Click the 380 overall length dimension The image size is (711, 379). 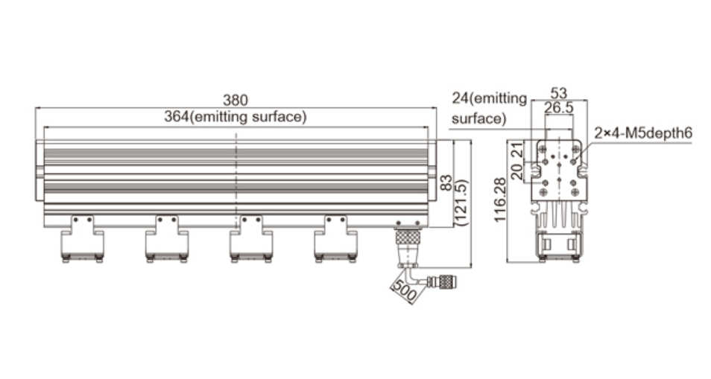click(236, 100)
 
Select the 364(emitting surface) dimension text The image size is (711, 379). click(236, 116)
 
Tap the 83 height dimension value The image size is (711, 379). click(446, 183)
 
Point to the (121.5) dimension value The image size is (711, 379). click(461, 203)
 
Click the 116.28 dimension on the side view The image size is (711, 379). click(499, 200)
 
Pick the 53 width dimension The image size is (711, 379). click(559, 93)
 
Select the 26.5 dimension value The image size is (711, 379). click(559, 108)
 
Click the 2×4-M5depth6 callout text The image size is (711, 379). click(643, 133)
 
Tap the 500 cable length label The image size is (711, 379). click(405, 290)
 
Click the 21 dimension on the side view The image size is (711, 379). click(517, 150)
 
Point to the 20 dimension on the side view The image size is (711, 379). click(517, 171)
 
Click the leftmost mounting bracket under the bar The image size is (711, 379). click(83, 238)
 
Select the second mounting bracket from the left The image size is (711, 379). click(167, 238)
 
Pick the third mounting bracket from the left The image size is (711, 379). click(251, 238)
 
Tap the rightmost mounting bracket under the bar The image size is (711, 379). click(335, 238)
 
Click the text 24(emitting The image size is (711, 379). click(489, 98)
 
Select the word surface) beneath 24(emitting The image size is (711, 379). click(478, 118)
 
